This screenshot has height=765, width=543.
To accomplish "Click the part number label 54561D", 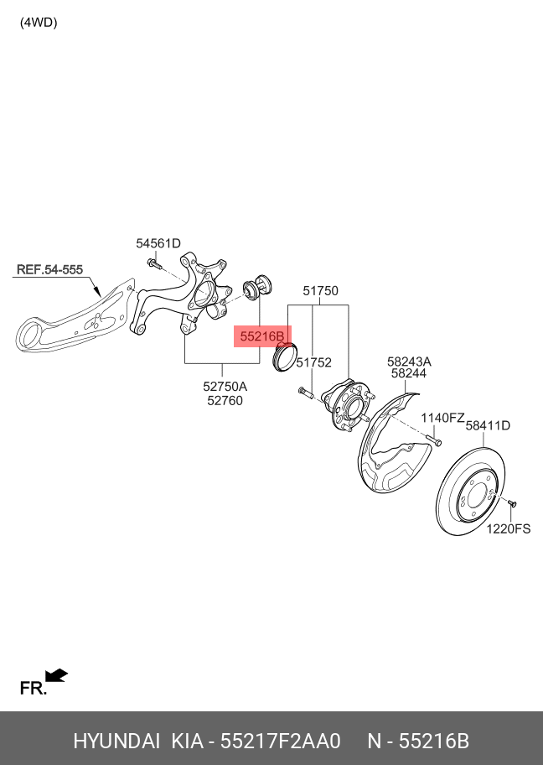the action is point(158,243).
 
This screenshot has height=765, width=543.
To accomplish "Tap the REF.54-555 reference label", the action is point(49,269).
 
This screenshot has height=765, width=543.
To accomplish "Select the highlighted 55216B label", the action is point(262,336).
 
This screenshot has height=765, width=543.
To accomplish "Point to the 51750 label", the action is point(320,291).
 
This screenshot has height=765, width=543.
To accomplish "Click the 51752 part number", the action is point(314,362).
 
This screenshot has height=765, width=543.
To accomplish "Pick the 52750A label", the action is point(225,387).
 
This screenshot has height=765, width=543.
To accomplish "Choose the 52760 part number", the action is point(225,401).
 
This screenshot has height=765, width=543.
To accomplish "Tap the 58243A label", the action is point(409,362).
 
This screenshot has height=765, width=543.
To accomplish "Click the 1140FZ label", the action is point(442,418).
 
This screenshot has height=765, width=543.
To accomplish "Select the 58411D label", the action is point(488,425).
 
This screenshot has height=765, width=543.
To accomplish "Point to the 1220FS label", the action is point(509,528).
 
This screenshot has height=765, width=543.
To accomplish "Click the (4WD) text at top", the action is point(39,23).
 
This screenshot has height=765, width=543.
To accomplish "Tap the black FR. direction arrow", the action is point(56,675).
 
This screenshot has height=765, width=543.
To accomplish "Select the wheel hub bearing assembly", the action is point(348,405).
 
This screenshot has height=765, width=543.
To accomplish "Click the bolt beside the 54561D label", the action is point(153,264).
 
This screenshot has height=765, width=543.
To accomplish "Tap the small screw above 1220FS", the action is point(511,502).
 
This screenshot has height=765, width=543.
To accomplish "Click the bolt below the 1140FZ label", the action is point(435,440).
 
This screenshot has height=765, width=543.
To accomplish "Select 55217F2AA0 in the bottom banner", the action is point(280,741).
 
